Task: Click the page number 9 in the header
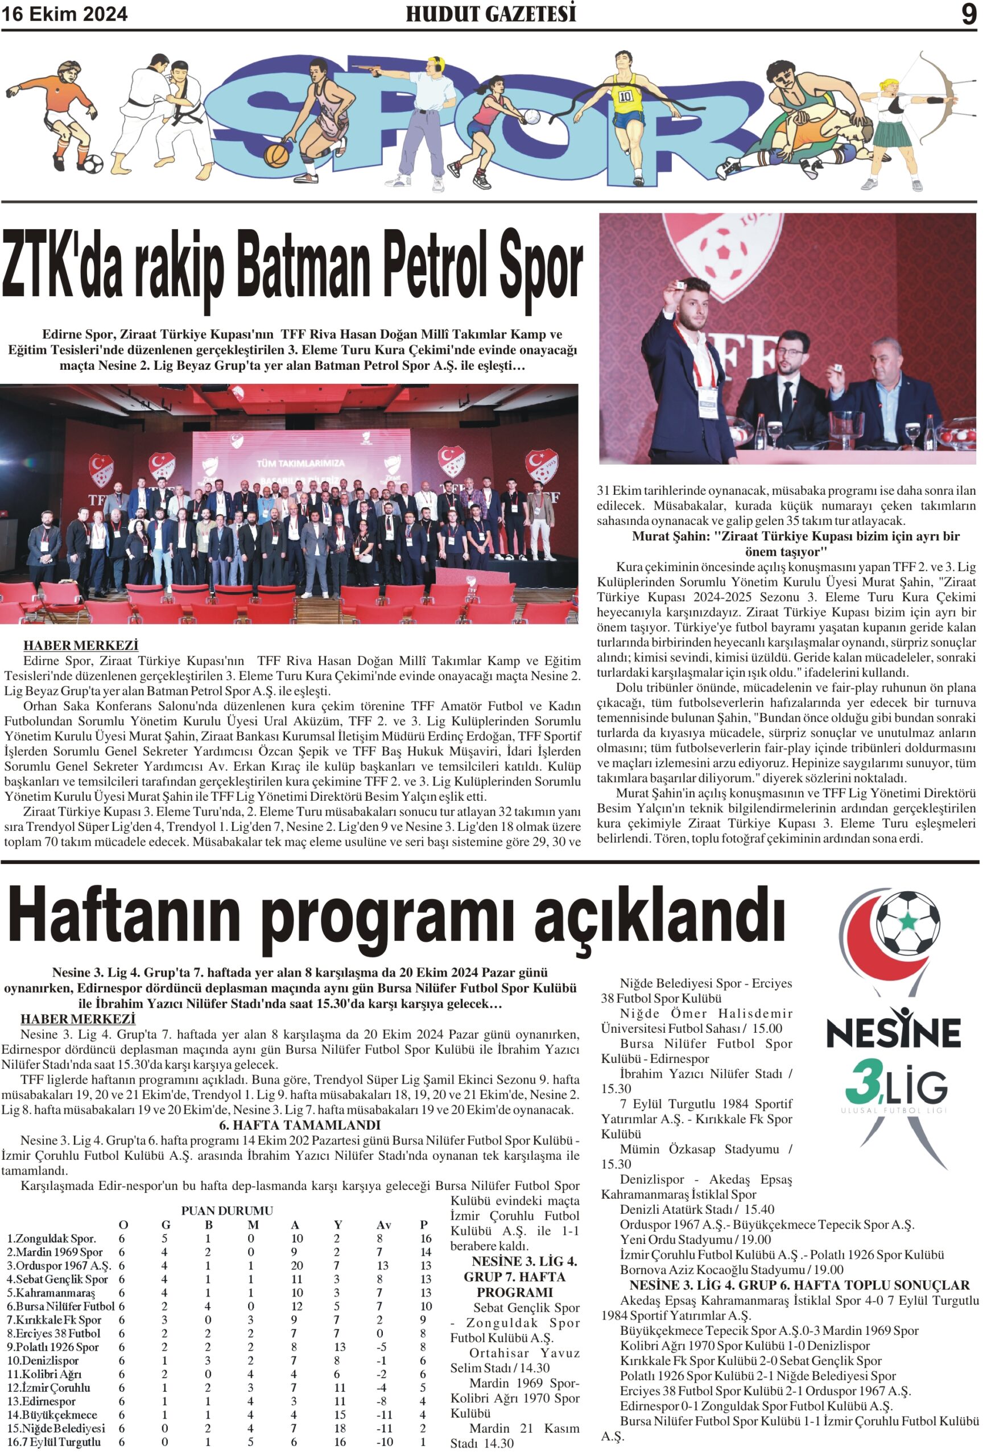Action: click(x=968, y=14)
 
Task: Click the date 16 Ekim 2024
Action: click(x=64, y=14)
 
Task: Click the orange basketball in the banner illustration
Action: click(x=276, y=155)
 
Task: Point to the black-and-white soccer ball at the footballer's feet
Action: click(x=92, y=164)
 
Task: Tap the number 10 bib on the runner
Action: click(x=625, y=97)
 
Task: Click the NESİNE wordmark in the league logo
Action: click(x=893, y=1033)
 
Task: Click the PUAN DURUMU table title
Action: click(x=227, y=1211)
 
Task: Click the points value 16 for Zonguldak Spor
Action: click(x=426, y=1239)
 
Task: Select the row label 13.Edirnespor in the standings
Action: click(x=42, y=1401)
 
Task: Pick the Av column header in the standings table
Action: click(x=383, y=1225)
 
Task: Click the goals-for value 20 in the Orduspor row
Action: click(x=297, y=1265)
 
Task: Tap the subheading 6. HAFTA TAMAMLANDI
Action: click(x=291, y=1125)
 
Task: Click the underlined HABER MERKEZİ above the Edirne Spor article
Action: click(x=81, y=646)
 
